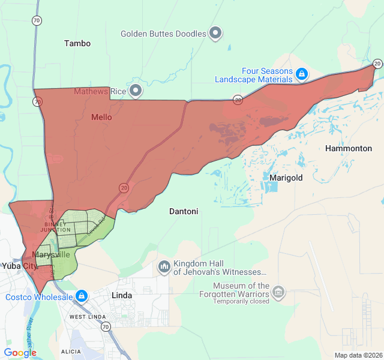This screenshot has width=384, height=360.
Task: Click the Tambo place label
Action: point(77,43)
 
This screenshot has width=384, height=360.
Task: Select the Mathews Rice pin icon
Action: point(136,91)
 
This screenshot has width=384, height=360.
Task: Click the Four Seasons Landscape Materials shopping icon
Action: point(302,74)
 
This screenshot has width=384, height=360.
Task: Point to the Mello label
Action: point(101,117)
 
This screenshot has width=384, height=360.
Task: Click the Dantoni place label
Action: point(184,211)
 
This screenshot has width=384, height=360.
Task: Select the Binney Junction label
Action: point(55,227)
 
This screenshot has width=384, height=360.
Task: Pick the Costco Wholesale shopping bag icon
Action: point(82,296)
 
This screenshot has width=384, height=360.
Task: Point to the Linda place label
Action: point(122,296)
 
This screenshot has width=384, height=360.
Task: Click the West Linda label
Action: point(88,316)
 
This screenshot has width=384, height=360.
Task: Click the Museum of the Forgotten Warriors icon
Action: point(278,292)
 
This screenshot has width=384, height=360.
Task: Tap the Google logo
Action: point(20,353)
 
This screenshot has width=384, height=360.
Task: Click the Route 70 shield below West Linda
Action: point(106,327)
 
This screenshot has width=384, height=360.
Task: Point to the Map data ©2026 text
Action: point(358,355)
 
